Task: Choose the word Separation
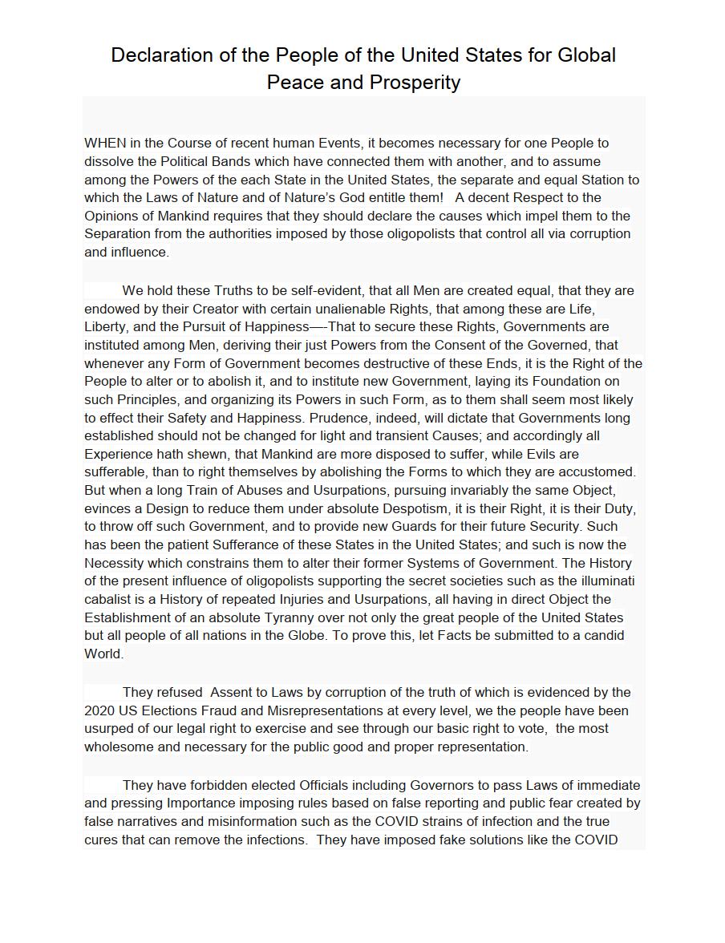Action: coord(117,234)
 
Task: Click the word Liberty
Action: coord(106,327)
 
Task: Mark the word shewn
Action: coord(200,454)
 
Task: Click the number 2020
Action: coord(99,710)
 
